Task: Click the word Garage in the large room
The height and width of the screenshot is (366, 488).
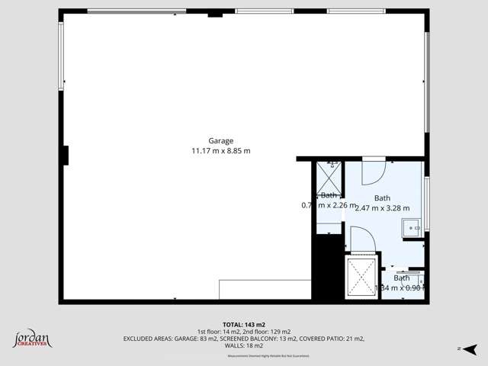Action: (x=221, y=140)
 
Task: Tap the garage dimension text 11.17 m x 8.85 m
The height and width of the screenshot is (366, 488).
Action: (x=221, y=151)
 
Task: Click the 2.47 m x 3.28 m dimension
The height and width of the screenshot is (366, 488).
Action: (x=383, y=208)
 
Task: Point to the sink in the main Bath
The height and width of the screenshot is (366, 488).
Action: (x=413, y=226)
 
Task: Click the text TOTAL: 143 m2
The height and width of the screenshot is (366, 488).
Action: (x=244, y=324)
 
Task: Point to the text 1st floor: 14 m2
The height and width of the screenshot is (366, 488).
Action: (x=217, y=331)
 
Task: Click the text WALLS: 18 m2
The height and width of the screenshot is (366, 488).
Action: (x=244, y=345)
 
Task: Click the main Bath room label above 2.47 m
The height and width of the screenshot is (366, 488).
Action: (x=382, y=198)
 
